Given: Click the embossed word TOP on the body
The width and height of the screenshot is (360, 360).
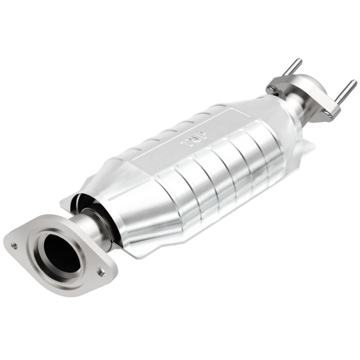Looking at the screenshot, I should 189,141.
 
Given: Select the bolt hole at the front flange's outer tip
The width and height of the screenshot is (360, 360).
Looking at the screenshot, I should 13,245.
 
